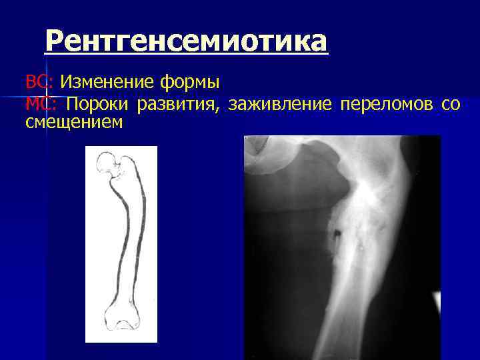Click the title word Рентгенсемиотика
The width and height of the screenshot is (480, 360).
[187, 41]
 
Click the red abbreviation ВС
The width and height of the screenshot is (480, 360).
[35, 83]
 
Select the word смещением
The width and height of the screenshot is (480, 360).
[74, 122]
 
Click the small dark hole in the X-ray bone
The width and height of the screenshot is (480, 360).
[337, 233]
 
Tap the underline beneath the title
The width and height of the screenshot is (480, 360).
[187, 55]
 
